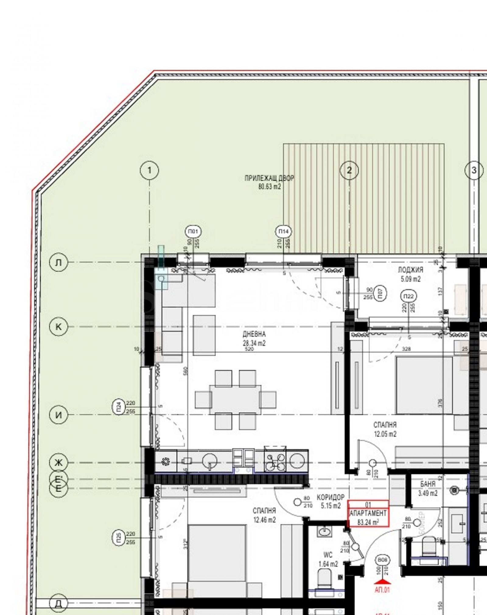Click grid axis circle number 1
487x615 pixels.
click(149, 170)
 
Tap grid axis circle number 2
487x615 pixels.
click(349, 170)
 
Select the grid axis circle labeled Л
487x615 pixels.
click(58, 262)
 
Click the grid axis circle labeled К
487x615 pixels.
click(58, 327)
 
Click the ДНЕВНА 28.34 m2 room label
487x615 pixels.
click(254, 339)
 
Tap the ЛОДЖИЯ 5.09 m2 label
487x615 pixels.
click(410, 274)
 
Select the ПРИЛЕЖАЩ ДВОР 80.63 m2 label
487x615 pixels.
click(269, 182)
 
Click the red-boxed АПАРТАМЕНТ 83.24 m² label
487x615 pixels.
click(368, 514)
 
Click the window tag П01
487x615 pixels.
click(193, 232)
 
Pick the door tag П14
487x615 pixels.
click(283, 232)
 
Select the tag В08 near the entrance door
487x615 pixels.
click(382, 560)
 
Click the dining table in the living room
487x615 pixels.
click(235, 400)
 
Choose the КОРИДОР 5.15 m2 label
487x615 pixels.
click(330, 501)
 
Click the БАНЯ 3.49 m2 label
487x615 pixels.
click(428, 488)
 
